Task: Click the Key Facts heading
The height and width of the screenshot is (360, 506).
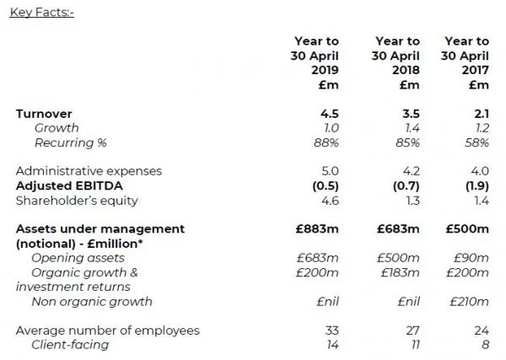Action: pyautogui.click(x=42, y=13)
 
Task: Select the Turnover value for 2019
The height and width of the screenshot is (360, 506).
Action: pyautogui.click(x=316, y=112)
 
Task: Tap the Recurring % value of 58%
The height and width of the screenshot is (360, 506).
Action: pyautogui.click(x=476, y=142)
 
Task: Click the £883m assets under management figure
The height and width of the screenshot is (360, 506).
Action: pyautogui.click(x=307, y=228)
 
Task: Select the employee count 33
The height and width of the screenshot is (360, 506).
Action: pyautogui.click(x=318, y=330)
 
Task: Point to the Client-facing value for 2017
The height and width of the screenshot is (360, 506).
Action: pyautogui.click(x=483, y=345)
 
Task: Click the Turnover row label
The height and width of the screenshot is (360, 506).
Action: pyautogui.click(x=44, y=112)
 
